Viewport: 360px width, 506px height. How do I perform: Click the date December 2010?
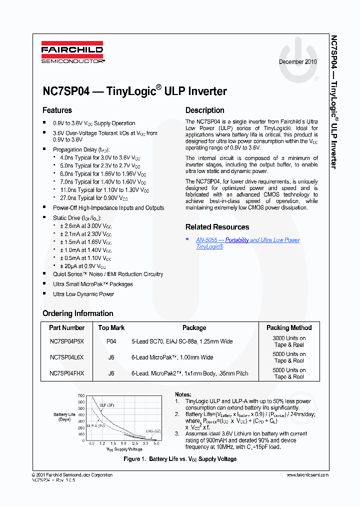297,62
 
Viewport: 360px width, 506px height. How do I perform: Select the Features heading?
57,110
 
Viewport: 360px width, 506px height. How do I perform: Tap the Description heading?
204,110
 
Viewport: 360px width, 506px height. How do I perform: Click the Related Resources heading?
217,227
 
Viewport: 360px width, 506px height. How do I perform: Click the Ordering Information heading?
77,313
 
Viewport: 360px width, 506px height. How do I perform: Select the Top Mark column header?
111,328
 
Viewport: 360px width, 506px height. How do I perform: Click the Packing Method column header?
289,328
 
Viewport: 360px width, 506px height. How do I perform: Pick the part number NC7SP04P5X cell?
67,341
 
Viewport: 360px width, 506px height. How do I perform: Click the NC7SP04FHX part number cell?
67,373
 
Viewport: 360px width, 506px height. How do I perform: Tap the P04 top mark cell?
111,341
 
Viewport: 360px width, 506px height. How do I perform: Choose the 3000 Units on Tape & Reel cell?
289,341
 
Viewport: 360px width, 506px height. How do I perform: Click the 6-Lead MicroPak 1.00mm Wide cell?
172,357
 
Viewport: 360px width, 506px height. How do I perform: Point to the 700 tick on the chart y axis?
81,395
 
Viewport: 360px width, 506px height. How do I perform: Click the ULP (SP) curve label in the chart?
106,405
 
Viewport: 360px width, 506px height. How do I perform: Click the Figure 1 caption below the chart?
180,459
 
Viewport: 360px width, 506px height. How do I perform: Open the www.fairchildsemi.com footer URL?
307,475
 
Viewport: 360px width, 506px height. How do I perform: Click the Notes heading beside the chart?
183,394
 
